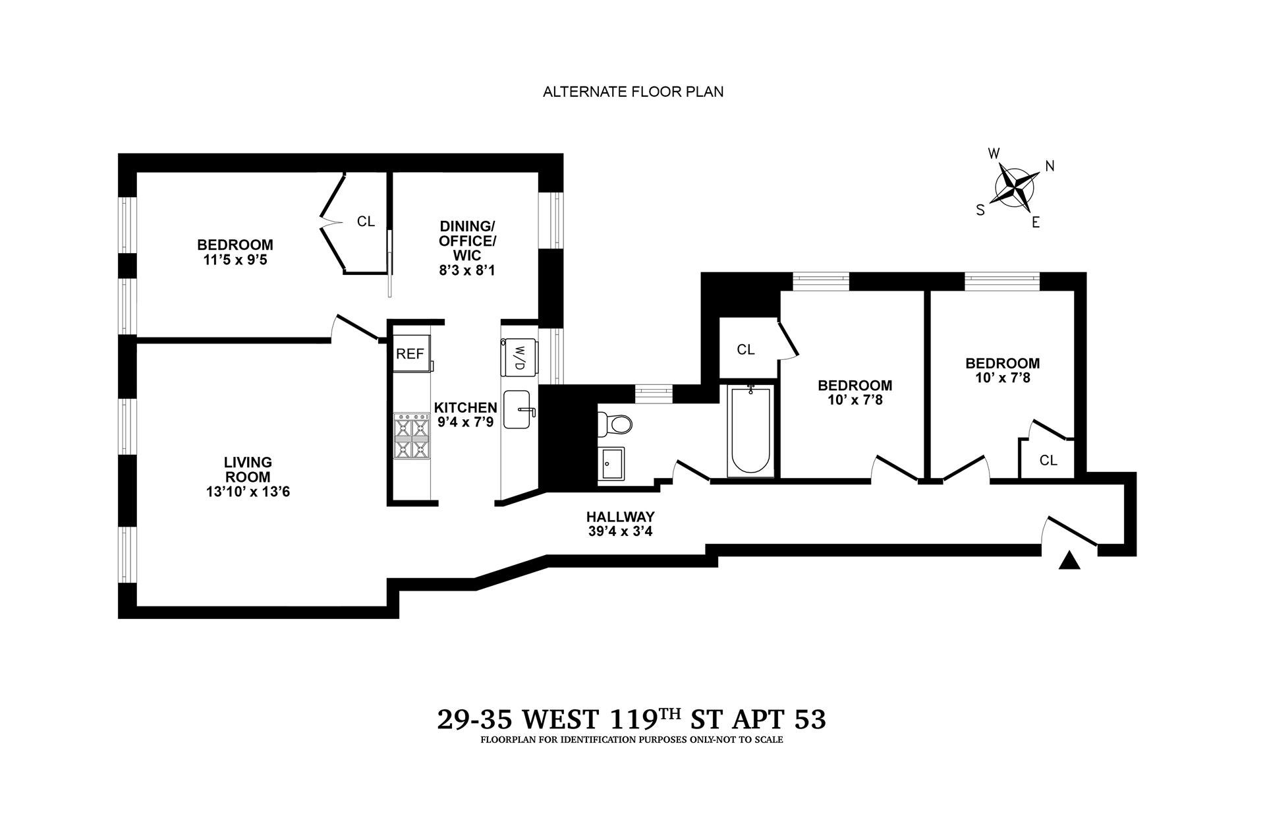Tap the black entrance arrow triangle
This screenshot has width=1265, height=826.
tap(1069, 561)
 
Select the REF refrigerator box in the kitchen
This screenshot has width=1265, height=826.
tap(410, 354)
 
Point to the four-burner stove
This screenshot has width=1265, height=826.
tap(411, 435)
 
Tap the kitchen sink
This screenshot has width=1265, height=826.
tap(519, 410)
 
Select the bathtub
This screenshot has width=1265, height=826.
tap(750, 431)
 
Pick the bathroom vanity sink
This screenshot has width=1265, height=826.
tap(612, 463)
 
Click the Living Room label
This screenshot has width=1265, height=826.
tap(247, 470)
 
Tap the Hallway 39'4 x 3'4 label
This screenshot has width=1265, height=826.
tap(621, 523)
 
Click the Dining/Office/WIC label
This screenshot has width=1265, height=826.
tap(467, 249)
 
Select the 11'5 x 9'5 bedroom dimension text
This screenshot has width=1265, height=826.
tap(235, 260)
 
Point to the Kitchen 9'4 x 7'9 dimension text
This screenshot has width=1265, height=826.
tap(465, 422)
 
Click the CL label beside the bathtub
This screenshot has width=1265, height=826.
tap(746, 350)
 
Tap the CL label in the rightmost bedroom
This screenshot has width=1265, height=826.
tap(1048, 460)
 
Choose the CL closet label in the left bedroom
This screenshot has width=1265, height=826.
tap(366, 221)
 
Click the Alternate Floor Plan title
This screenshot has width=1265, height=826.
tap(632, 92)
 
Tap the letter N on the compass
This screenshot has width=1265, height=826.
tap(1050, 166)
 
